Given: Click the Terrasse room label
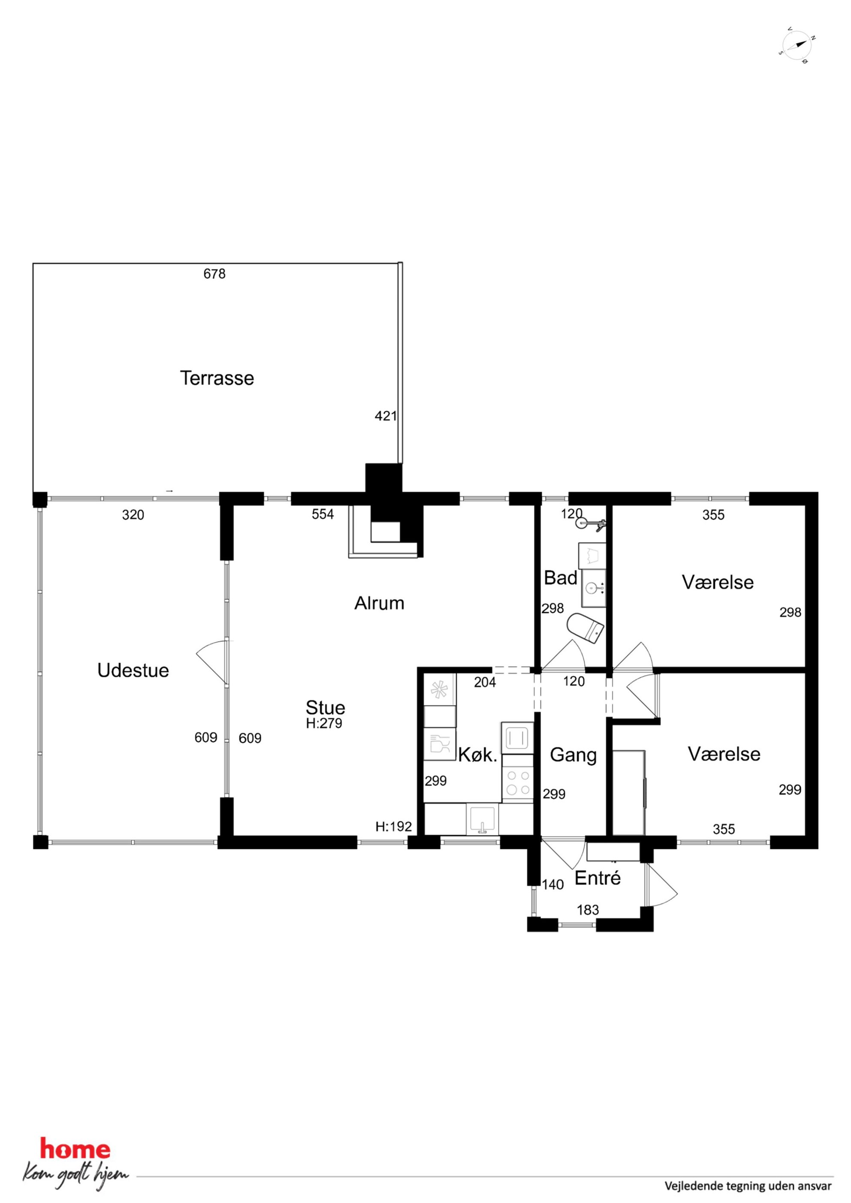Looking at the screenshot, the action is point(217,378).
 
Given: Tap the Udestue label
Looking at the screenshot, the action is point(133,670).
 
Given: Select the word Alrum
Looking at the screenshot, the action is point(379,603).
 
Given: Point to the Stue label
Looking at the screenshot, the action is point(325,707).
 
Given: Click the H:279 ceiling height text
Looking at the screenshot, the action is point(324,723).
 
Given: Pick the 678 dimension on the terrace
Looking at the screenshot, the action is point(214,274).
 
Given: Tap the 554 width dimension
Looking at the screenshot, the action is point(323,514).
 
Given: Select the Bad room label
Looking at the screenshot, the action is point(560,578).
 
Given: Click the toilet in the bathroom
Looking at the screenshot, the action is point(585,628).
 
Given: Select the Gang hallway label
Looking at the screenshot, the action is point(573,755).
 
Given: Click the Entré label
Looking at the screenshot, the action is point(598,878).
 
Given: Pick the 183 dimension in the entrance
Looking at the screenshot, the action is point(588,910).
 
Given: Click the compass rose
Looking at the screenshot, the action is point(797,45).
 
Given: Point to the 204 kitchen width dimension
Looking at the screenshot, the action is point(485,682).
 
